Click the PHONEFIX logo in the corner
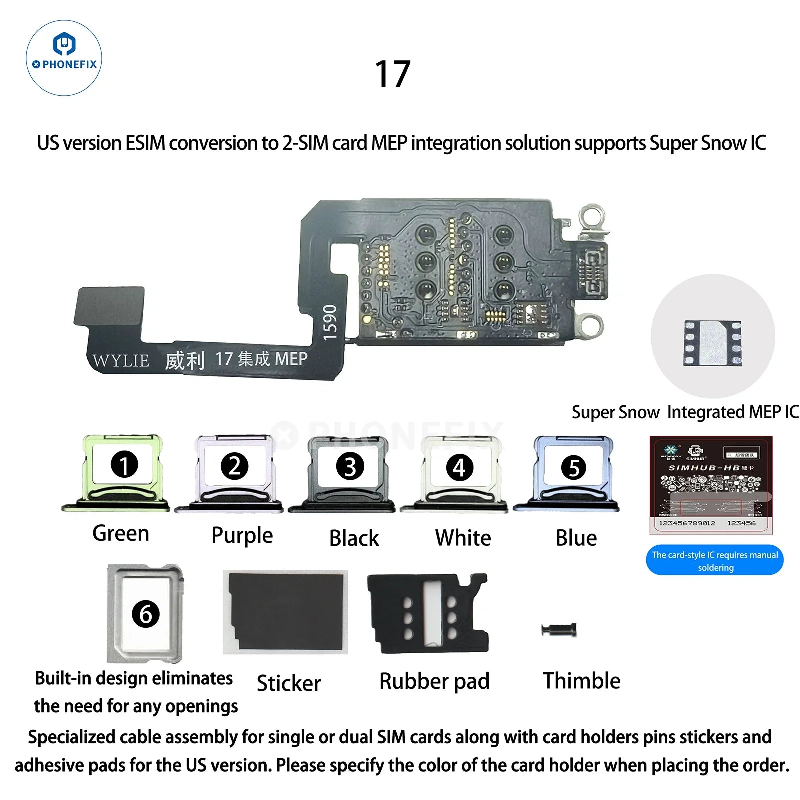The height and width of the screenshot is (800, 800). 64,58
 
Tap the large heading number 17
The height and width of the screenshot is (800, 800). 393,74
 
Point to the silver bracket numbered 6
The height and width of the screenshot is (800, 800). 145,613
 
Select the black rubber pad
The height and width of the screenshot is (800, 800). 428,613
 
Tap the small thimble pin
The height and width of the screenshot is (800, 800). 559,629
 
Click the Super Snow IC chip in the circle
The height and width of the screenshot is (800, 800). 712,342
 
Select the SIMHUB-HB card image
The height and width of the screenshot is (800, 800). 710,484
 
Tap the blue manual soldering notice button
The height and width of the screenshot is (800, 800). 715,560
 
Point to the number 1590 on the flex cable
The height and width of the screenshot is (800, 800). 330,323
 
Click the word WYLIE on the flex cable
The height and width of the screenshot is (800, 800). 121,360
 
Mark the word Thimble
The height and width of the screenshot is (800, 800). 582,681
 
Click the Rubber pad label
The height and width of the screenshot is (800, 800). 434,681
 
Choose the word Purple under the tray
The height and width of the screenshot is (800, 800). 242,535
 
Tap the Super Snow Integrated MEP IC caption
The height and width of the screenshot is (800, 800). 685,412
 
